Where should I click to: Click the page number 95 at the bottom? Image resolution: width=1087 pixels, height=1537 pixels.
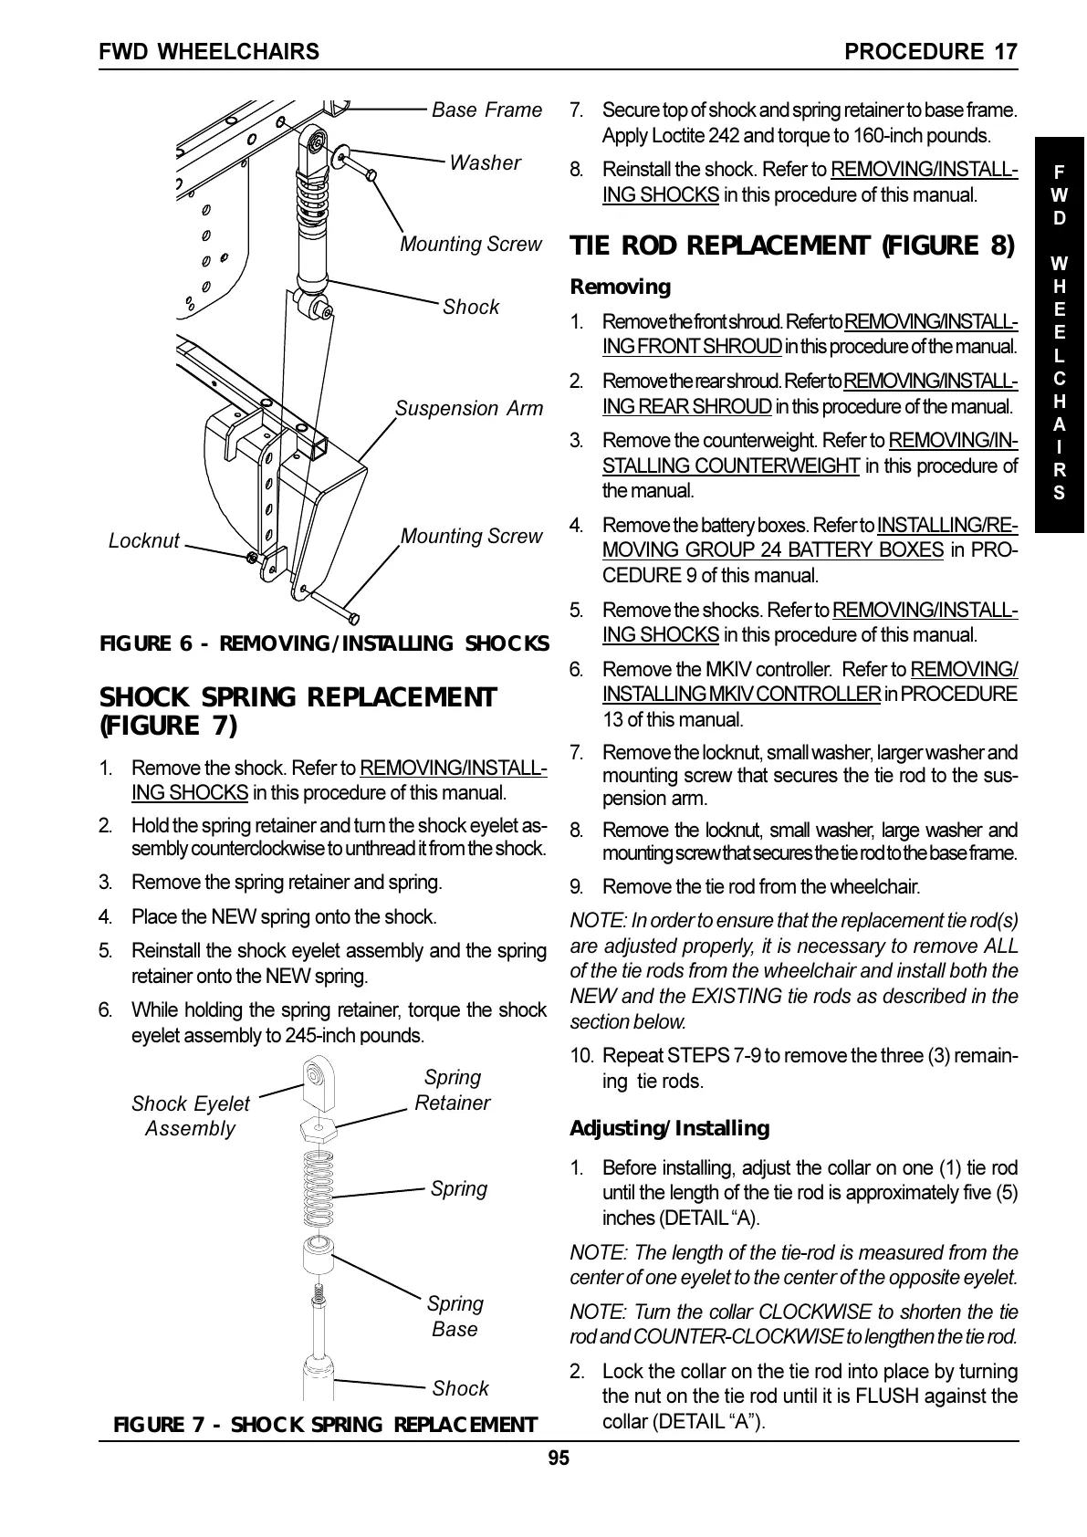[559, 1458]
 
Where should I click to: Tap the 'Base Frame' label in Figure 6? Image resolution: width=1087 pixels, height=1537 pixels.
[486, 110]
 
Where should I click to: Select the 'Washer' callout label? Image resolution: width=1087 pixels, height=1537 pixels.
[485, 163]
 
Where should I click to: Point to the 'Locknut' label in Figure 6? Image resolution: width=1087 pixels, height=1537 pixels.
[144, 541]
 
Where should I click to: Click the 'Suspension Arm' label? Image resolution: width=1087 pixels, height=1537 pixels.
[469, 409]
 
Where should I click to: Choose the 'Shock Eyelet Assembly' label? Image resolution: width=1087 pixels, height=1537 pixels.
[190, 1116]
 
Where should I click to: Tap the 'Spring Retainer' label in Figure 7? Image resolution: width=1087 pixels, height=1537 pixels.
[452, 1091]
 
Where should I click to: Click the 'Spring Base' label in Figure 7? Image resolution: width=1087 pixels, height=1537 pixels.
[455, 1316]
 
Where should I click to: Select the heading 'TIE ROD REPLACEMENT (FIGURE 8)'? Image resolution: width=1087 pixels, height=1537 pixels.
[792, 246]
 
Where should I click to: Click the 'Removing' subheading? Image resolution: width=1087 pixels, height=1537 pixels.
[620, 288]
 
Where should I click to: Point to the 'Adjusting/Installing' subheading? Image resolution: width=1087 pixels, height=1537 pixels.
[669, 1129]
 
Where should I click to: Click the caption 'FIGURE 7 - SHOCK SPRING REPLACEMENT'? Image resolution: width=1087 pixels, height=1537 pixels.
[324, 1426]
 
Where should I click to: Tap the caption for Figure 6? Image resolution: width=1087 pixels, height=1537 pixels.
[324, 643]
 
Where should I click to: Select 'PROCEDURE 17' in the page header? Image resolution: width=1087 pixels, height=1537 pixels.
[930, 52]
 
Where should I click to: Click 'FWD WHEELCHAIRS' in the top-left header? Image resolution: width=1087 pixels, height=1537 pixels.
[209, 52]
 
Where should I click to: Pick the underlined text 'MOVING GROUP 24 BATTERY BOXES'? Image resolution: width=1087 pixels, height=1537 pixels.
[773, 550]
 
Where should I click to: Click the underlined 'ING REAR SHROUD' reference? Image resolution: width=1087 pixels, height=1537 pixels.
[687, 406]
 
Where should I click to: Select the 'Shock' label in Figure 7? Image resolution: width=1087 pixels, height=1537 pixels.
[460, 1388]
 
